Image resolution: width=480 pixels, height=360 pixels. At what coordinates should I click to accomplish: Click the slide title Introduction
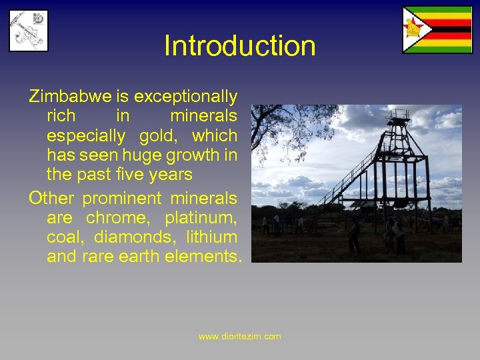(x=239, y=46)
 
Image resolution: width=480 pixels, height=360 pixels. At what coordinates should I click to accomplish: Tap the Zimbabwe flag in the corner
(x=437, y=29)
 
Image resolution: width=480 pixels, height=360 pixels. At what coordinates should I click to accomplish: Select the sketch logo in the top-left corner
(x=29, y=30)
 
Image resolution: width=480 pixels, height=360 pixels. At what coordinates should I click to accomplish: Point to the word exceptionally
(x=185, y=97)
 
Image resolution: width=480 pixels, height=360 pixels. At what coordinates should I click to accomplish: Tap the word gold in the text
(x=159, y=136)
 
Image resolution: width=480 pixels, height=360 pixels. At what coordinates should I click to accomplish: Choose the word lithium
(x=211, y=237)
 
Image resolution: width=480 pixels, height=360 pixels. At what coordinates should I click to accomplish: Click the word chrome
(x=119, y=217)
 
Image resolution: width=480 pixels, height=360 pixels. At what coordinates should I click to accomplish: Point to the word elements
(x=207, y=256)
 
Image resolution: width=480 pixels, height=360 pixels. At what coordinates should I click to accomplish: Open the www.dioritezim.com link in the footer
(x=240, y=337)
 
